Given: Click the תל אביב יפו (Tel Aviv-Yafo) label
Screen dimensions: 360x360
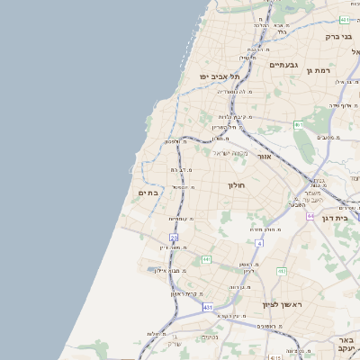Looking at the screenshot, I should [x=216, y=76].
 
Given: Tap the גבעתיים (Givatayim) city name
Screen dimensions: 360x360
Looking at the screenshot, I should [x=284, y=65].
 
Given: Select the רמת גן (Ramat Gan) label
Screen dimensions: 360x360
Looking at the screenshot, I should [x=320, y=69].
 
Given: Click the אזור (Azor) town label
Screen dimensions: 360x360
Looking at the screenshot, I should [x=265, y=156].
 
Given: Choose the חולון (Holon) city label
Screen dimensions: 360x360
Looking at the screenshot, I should [x=236, y=184].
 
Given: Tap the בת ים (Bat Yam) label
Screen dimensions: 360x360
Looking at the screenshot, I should [x=148, y=193].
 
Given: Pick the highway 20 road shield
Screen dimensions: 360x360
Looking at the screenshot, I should [x=174, y=237].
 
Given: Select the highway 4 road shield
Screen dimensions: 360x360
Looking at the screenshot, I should [x=259, y=243].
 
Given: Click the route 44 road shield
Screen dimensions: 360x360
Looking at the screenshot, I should [x=310, y=216].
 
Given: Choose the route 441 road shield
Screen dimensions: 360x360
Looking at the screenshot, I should [x=206, y=259].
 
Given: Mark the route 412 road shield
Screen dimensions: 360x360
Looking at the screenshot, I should [x=282, y=270].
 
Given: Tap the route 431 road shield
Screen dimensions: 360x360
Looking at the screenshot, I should [x=208, y=307].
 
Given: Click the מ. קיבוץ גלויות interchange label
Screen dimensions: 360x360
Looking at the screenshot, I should [x=238, y=116].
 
